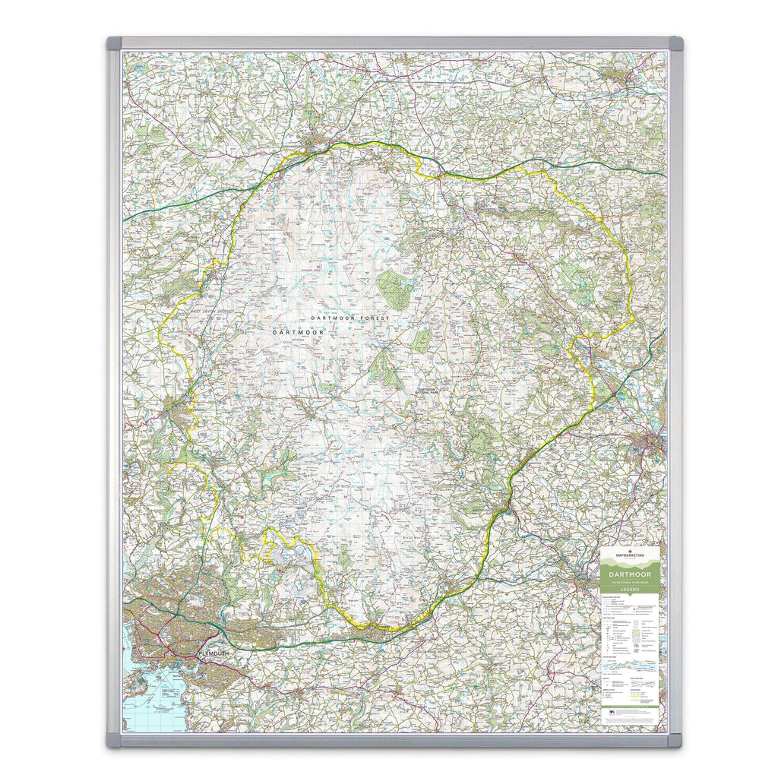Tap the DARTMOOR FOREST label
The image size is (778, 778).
349,318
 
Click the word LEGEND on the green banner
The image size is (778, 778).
629,590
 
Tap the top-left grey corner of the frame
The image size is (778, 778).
114,43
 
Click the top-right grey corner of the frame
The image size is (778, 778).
675,43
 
